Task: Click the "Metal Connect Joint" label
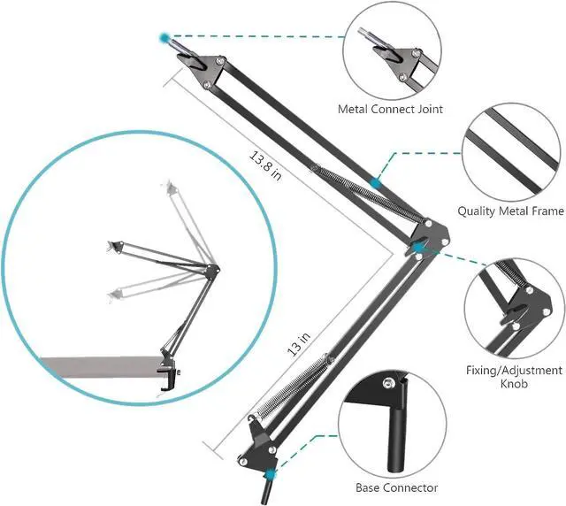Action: [x=390, y=110]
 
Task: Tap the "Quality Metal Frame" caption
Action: [x=510, y=211]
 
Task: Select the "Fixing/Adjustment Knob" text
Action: [x=513, y=377]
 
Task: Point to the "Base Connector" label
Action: [x=397, y=487]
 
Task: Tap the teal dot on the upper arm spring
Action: [x=376, y=182]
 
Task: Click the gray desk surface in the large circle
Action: [x=97, y=364]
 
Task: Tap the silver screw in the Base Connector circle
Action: [x=387, y=382]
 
